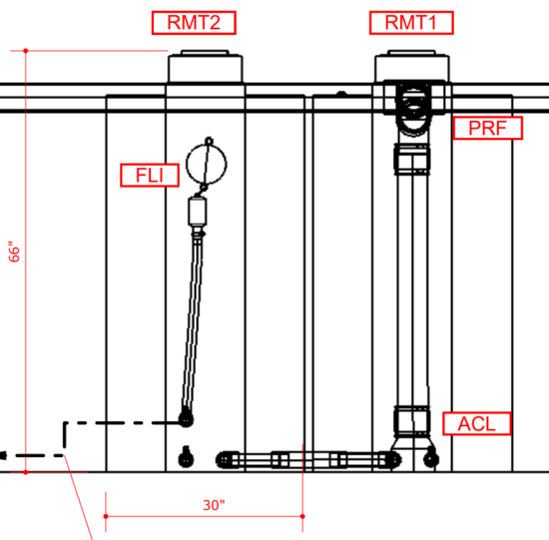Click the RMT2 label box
(194, 23)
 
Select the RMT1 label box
(411, 23)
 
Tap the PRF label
(488, 128)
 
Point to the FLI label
(150, 175)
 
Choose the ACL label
(477, 424)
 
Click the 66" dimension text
(14, 252)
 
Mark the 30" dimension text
(214, 505)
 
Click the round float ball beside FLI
(207, 164)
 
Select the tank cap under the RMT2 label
(206, 67)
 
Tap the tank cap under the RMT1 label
(412, 66)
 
